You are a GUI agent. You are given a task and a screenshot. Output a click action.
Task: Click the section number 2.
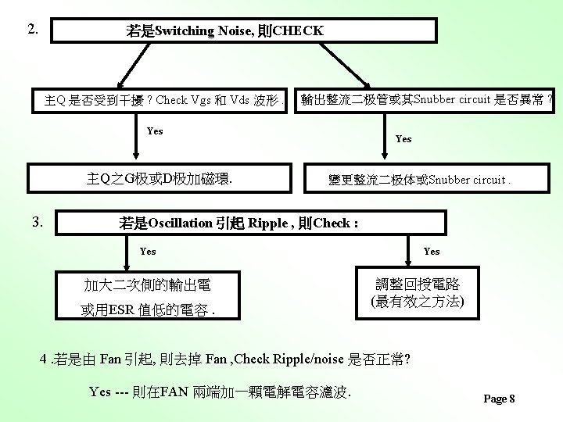[33, 30]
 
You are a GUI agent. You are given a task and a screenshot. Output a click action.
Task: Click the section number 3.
[37, 221]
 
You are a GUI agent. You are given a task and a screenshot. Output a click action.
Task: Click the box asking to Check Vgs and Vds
[163, 101]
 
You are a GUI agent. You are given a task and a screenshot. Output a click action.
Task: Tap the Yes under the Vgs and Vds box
[155, 131]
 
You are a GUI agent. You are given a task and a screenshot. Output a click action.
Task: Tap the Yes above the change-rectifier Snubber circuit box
[403, 139]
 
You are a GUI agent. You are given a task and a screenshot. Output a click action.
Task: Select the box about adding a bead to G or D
[160, 179]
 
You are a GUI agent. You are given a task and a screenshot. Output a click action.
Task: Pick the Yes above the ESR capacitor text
[148, 252]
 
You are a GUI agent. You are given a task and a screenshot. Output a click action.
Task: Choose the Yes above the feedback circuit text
[432, 252]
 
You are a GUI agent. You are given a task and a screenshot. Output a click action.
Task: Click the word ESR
[121, 310]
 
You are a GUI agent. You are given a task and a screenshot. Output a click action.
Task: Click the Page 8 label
[500, 399]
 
